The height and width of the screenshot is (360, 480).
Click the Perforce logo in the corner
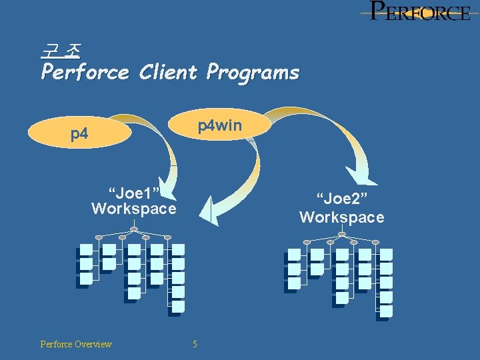[x=419, y=11]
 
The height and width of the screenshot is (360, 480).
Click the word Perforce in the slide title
[x=85, y=71]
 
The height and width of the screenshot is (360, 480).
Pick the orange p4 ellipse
[x=80, y=134]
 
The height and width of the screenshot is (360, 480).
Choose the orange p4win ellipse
[x=220, y=125]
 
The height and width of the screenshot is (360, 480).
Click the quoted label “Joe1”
[x=134, y=193]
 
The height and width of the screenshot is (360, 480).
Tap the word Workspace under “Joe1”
[x=134, y=209]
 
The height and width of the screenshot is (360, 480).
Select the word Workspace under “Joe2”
[x=342, y=217]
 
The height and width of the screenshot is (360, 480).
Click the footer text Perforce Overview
[x=76, y=344]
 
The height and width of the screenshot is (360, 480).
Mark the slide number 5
[x=195, y=344]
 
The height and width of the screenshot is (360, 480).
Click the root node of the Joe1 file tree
[x=134, y=229]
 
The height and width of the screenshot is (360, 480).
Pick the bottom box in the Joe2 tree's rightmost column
[x=386, y=311]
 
